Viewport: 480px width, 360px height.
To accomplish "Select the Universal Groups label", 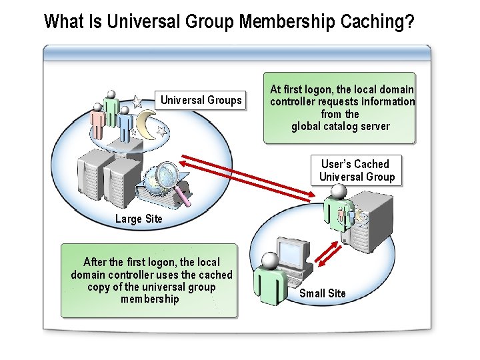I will tap(201, 101).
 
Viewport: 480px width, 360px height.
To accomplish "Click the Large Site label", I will tap(139, 219).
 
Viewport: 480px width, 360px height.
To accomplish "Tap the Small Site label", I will tap(322, 293).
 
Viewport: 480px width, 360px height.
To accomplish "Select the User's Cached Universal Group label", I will tap(356, 171).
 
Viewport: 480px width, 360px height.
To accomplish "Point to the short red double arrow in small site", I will tap(326, 255).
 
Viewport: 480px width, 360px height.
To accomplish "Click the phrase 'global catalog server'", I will tap(340, 127).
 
